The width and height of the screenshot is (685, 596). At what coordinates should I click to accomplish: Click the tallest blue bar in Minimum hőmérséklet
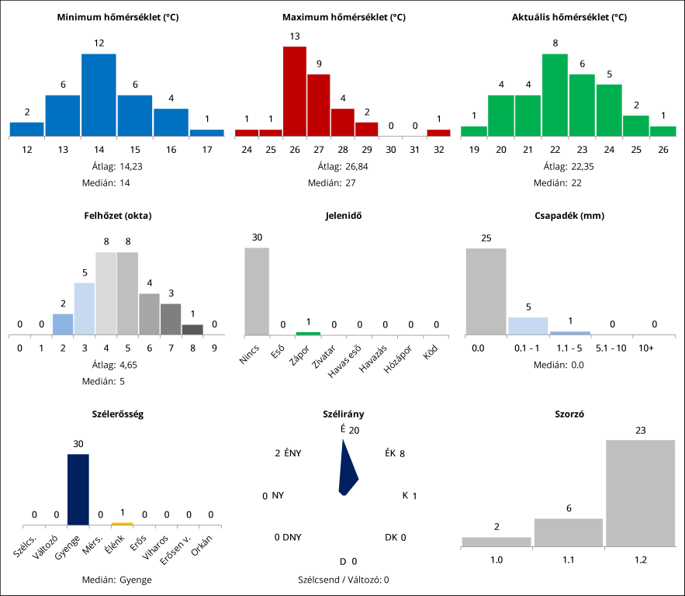click(99, 95)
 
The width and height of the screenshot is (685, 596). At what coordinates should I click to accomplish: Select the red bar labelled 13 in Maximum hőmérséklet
click(294, 92)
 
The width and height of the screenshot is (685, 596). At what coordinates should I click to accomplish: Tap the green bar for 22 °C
click(555, 95)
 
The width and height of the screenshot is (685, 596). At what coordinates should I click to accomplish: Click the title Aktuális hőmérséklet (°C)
click(569, 17)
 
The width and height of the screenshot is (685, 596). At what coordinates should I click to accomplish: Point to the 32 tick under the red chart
click(438, 148)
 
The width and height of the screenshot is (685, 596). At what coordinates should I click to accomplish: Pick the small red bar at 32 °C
click(438, 133)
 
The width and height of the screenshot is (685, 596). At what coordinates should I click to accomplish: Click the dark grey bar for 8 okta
click(192, 330)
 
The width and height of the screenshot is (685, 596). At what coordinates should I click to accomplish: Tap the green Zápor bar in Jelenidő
click(308, 334)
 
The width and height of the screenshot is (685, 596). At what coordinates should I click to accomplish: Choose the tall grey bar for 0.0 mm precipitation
click(486, 291)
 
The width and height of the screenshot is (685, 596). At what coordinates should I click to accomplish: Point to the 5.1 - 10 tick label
click(611, 348)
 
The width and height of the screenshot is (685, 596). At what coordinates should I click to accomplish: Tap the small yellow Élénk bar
click(122, 524)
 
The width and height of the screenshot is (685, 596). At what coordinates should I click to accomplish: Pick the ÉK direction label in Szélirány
click(390, 454)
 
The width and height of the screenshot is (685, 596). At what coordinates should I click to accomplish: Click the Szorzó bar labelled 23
click(640, 493)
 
